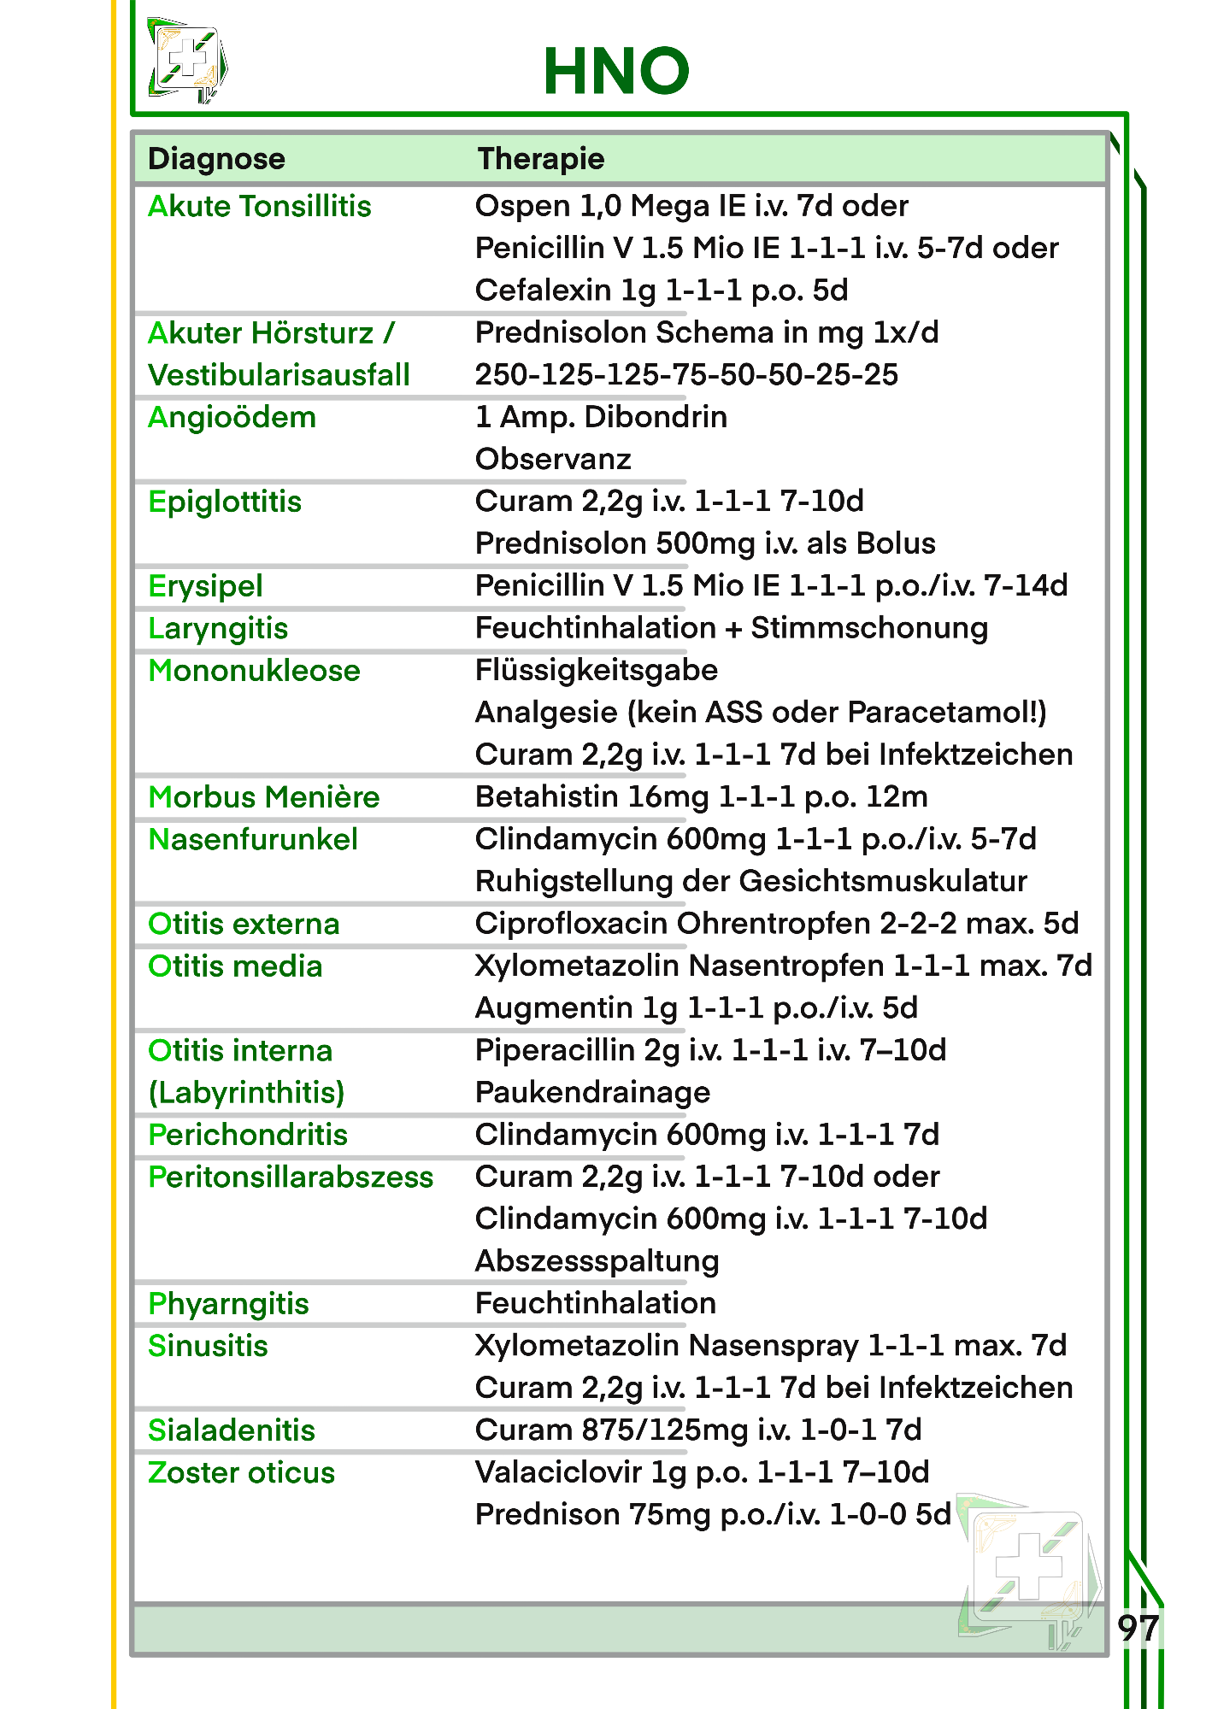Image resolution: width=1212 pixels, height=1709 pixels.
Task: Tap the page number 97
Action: pos(1138,1629)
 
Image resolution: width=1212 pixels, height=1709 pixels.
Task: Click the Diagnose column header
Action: pos(216,159)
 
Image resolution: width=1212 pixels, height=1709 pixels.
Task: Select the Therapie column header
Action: pos(540,159)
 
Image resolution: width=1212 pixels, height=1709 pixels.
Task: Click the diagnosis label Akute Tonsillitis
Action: pos(259,207)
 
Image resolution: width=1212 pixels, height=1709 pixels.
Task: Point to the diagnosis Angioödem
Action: pos(232,418)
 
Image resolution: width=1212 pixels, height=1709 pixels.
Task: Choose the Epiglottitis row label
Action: pos(225,502)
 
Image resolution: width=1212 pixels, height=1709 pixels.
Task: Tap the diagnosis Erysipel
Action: pos(205,586)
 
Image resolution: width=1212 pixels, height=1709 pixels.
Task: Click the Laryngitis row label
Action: pos(218,629)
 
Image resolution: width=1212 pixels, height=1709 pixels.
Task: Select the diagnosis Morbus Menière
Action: pos(263,797)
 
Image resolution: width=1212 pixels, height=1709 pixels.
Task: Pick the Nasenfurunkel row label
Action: pos(253,840)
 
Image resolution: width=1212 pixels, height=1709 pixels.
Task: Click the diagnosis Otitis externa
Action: pos(244,925)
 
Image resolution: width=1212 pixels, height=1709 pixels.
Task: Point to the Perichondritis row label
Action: pos(248,1136)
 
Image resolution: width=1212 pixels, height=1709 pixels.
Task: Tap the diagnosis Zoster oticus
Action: pos(241,1473)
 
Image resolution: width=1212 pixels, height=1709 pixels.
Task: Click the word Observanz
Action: pos(553,460)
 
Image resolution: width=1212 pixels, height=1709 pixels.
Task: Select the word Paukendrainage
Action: pos(592,1093)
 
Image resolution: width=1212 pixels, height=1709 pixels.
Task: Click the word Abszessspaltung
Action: pos(597,1261)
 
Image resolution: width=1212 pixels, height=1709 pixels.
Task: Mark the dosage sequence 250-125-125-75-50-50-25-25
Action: pos(686,375)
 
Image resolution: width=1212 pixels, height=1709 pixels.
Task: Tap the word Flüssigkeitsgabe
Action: pos(596,671)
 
